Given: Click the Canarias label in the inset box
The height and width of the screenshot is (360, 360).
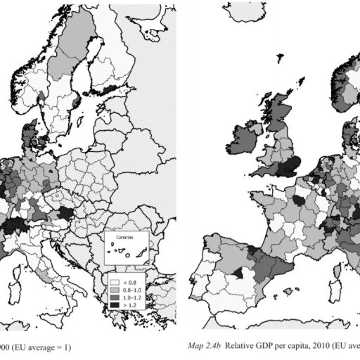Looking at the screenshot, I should point(121,238).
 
